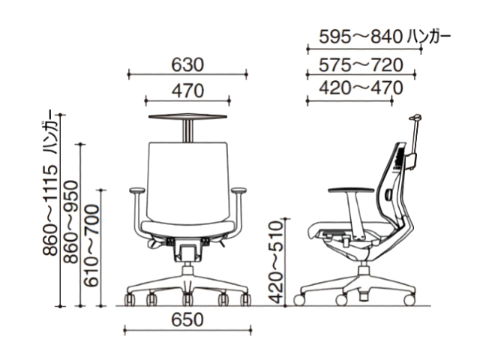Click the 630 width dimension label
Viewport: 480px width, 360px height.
(187, 65)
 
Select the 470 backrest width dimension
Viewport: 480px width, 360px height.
(187, 91)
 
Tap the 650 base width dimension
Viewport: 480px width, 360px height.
(187, 319)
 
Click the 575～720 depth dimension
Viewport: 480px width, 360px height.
(361, 65)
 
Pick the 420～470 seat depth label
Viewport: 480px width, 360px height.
(361, 88)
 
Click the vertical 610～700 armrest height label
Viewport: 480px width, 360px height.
(91, 245)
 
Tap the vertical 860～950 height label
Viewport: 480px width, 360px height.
(70, 222)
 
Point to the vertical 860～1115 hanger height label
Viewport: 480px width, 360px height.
(50, 187)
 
